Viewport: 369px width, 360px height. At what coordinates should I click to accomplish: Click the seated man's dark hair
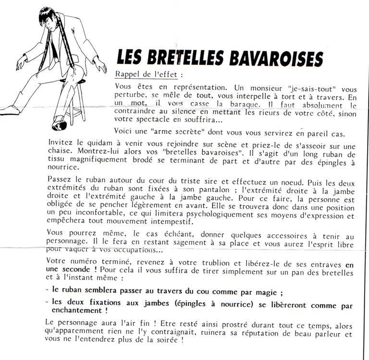click(x=46, y=14)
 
